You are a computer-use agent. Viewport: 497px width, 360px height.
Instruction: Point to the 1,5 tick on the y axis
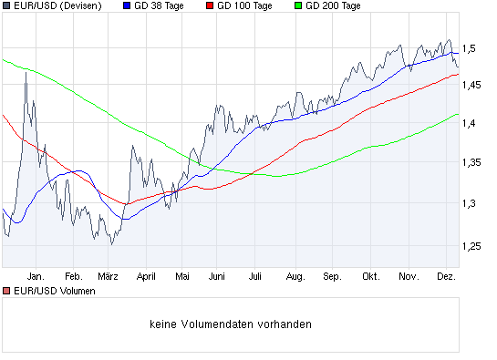pyautogui.click(x=471, y=47)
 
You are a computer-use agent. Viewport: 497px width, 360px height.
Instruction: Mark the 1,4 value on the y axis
pyautogui.click(x=471, y=124)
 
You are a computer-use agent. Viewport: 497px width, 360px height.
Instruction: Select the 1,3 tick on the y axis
pyautogui.click(x=471, y=203)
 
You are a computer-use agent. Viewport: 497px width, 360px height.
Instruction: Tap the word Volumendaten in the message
pyautogui.click(x=233, y=324)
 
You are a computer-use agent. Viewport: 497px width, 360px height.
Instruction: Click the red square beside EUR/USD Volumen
pyautogui.click(x=6, y=291)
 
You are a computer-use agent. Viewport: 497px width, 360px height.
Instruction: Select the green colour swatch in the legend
pyautogui.click(x=298, y=6)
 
